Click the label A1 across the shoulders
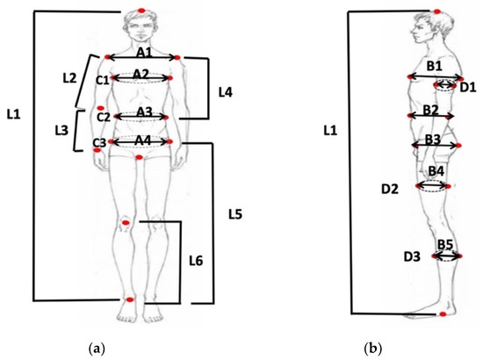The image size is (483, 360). tap(141, 52)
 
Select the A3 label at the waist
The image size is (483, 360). tap(143, 112)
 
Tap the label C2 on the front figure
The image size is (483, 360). tap(104, 116)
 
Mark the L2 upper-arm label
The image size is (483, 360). tap(69, 78)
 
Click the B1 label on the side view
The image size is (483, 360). tap(434, 66)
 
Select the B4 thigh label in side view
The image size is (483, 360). tap(436, 170)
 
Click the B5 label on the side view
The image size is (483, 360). tap(445, 243)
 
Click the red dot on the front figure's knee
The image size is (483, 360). tap(126, 223)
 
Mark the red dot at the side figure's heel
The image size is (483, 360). tap(443, 313)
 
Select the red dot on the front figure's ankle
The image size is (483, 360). tap(129, 300)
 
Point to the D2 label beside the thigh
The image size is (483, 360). tap(390, 188)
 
